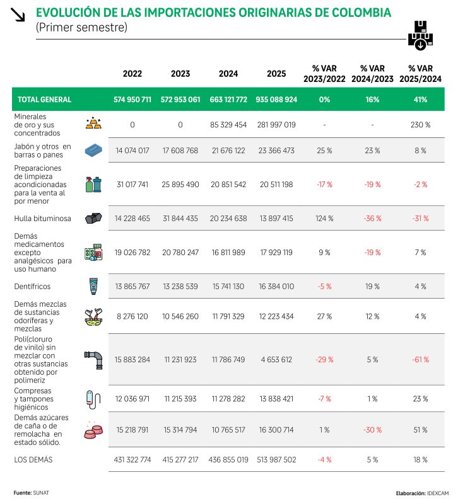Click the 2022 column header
[x=132, y=74]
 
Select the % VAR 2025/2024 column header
[x=420, y=73]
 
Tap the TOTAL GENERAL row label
[x=45, y=100]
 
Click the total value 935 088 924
[x=276, y=100]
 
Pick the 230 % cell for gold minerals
[x=420, y=125]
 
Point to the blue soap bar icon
[x=93, y=151]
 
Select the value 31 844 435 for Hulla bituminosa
[x=180, y=219]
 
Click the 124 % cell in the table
[x=324, y=219]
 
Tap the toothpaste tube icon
[x=93, y=287]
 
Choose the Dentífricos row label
[x=33, y=286]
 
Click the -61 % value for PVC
[x=420, y=360]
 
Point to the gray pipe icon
[x=93, y=360]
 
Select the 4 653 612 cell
[x=276, y=360]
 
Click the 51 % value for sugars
[x=420, y=430]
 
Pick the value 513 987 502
[x=276, y=460]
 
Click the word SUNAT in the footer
[x=41, y=493]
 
